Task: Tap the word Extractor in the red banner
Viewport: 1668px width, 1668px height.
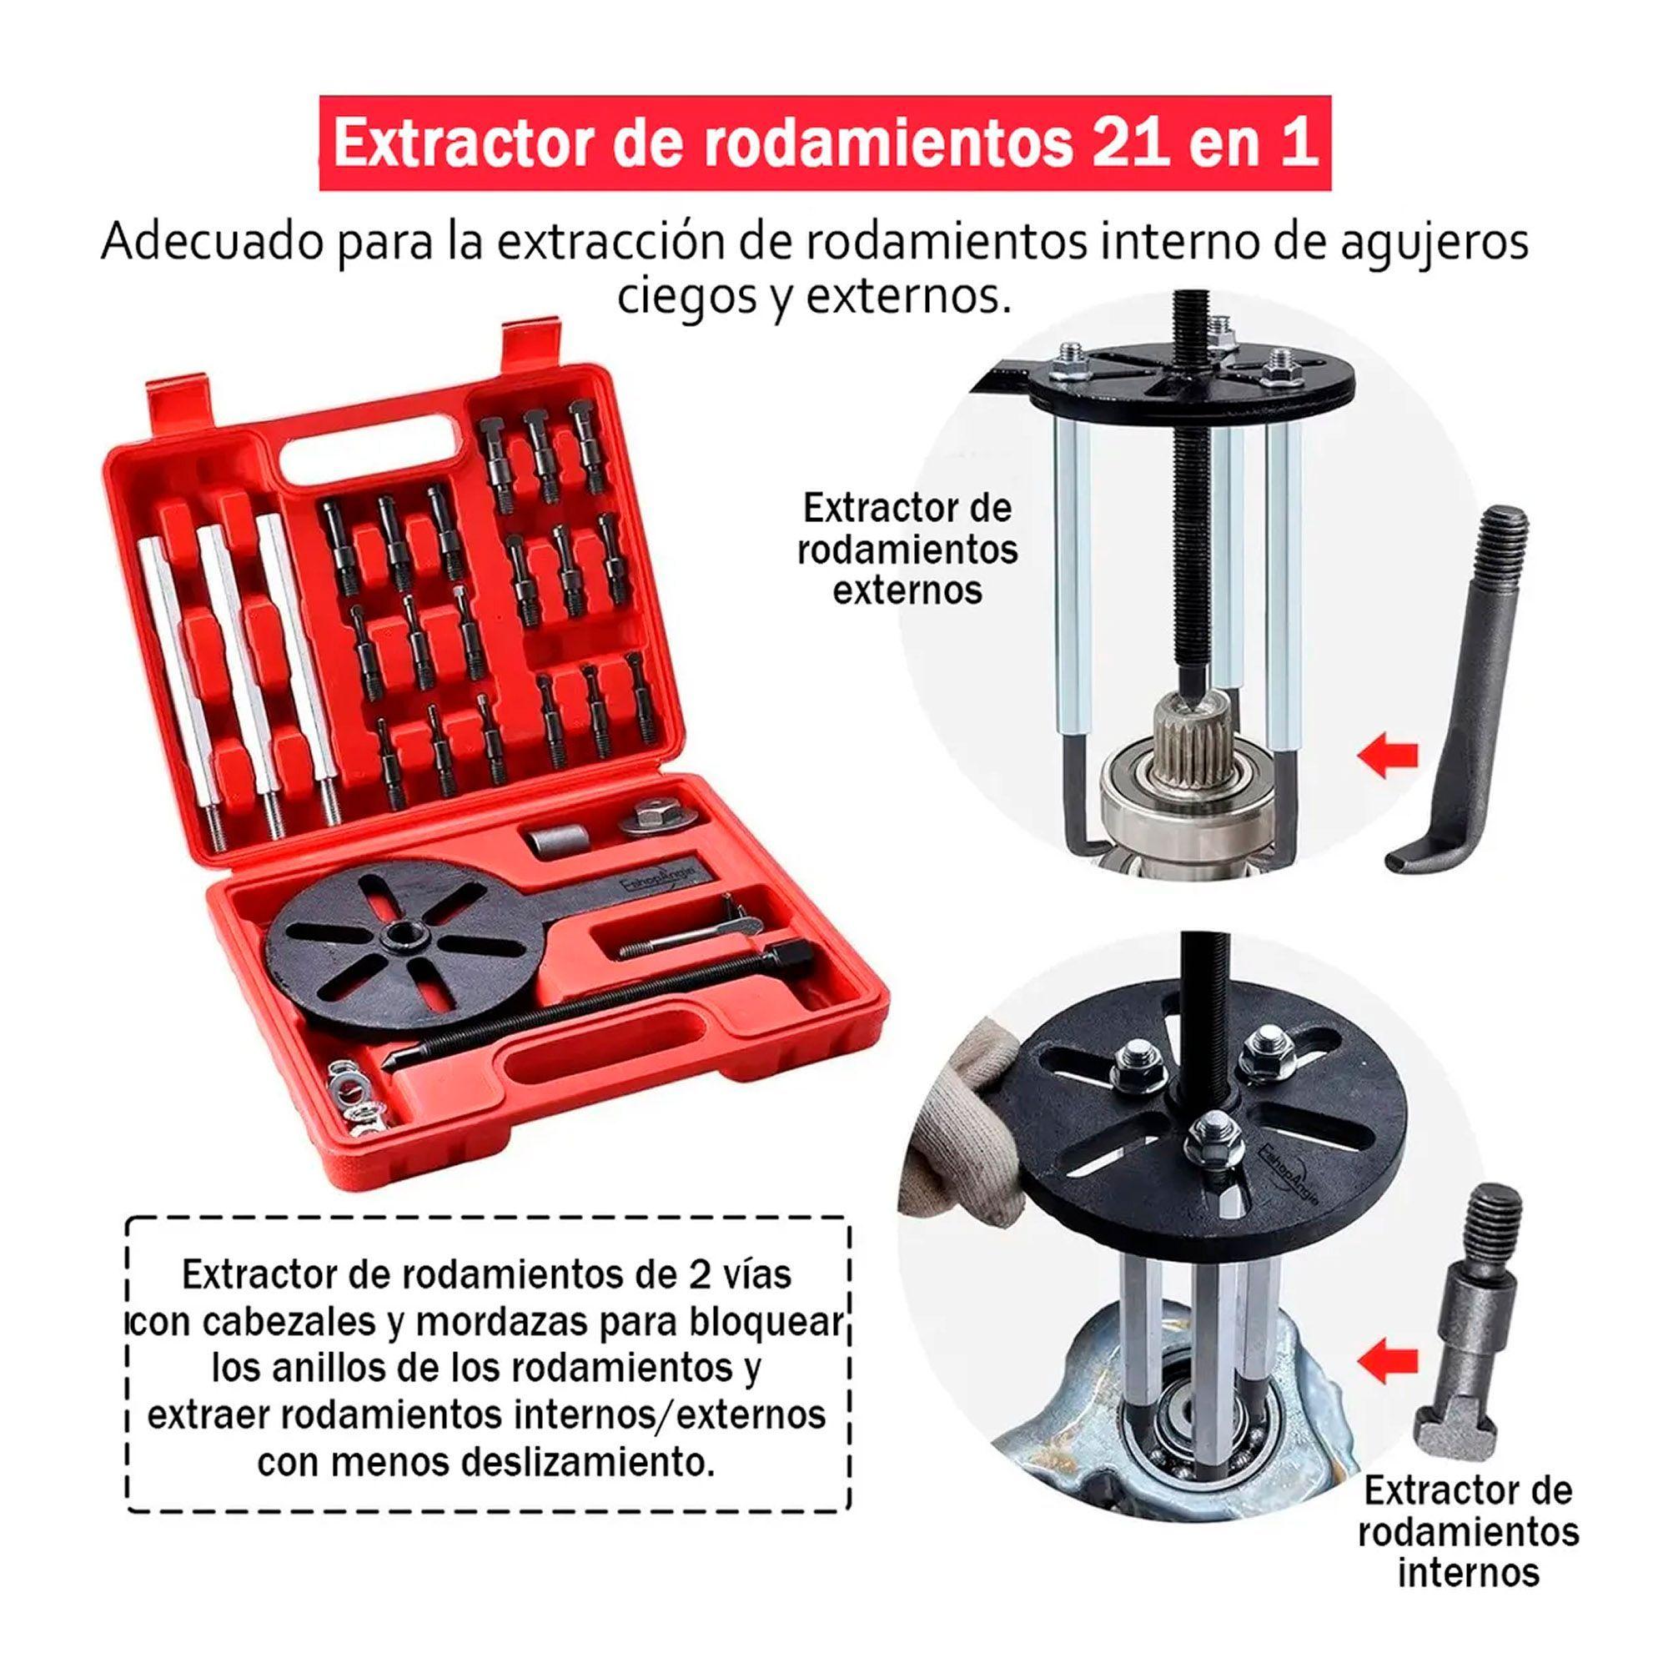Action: pyautogui.click(x=467, y=143)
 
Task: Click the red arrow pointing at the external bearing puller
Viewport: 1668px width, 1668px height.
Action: pyautogui.click(x=1389, y=757)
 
